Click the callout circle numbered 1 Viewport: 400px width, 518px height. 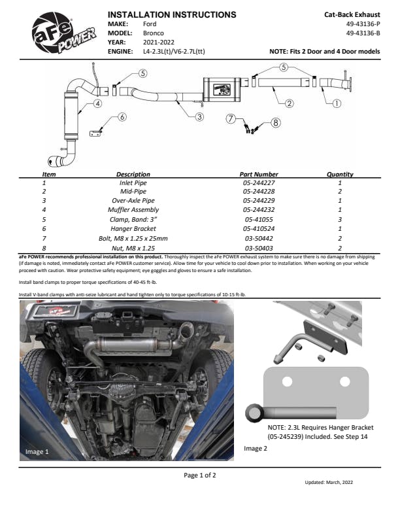coord(337,103)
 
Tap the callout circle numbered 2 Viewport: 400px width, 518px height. coord(289,103)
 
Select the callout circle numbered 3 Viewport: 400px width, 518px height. coord(199,116)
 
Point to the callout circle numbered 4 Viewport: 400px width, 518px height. coord(97,103)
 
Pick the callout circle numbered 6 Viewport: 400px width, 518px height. coord(122,117)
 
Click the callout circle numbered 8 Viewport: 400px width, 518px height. coord(275,122)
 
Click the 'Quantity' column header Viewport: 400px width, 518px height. coord(340,175)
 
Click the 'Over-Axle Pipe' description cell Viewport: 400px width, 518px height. coord(133,201)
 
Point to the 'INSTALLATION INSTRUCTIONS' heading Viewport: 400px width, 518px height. coord(171,14)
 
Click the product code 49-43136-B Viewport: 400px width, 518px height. coord(363,32)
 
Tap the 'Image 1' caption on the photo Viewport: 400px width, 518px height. coord(37,451)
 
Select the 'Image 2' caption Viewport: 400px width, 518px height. coord(256,449)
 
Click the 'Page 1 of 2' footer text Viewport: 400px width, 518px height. coord(199,475)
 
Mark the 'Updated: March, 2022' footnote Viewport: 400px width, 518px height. coord(329,483)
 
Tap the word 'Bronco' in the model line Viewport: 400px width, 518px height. coord(154,33)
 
